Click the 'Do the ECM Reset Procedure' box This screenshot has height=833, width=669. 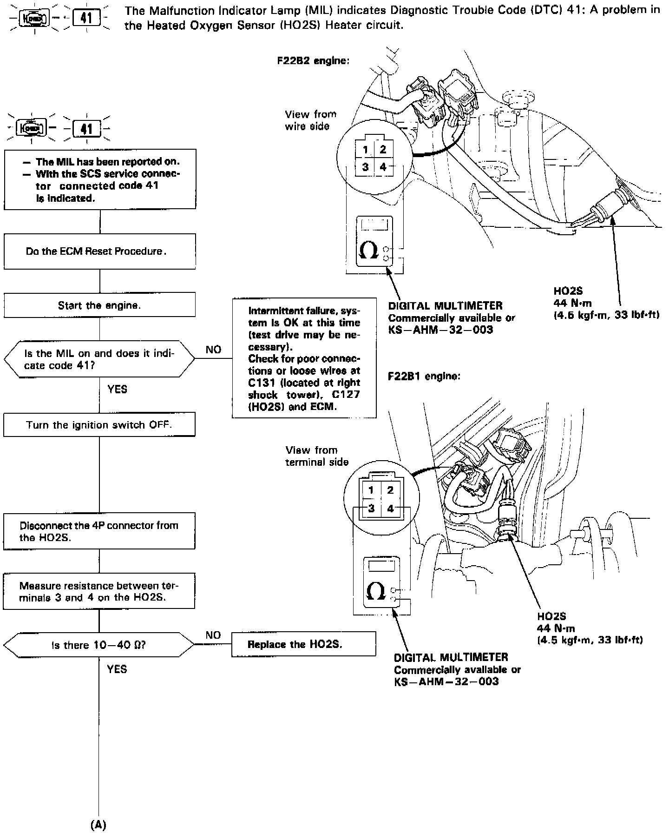coord(99,251)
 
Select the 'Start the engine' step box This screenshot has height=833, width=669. coord(99,305)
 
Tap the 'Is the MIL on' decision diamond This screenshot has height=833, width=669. coord(99,359)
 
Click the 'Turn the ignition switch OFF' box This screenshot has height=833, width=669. coord(99,424)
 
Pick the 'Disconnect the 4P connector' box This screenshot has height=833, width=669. coord(99,531)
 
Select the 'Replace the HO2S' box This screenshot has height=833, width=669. coord(303,644)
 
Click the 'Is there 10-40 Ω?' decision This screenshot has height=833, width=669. coord(99,645)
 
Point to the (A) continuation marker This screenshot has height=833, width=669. coord(98,825)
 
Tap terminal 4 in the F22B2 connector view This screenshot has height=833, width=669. coord(383,167)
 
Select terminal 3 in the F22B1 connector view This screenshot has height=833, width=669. coord(371,508)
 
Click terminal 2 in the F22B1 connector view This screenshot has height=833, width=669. coord(390,490)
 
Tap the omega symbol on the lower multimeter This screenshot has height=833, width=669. coord(375,591)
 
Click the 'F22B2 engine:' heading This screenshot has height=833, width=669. coord(313,61)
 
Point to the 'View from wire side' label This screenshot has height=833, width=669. coord(310,120)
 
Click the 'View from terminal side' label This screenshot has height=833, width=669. coord(317,456)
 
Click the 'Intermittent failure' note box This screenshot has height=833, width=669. coord(304,358)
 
